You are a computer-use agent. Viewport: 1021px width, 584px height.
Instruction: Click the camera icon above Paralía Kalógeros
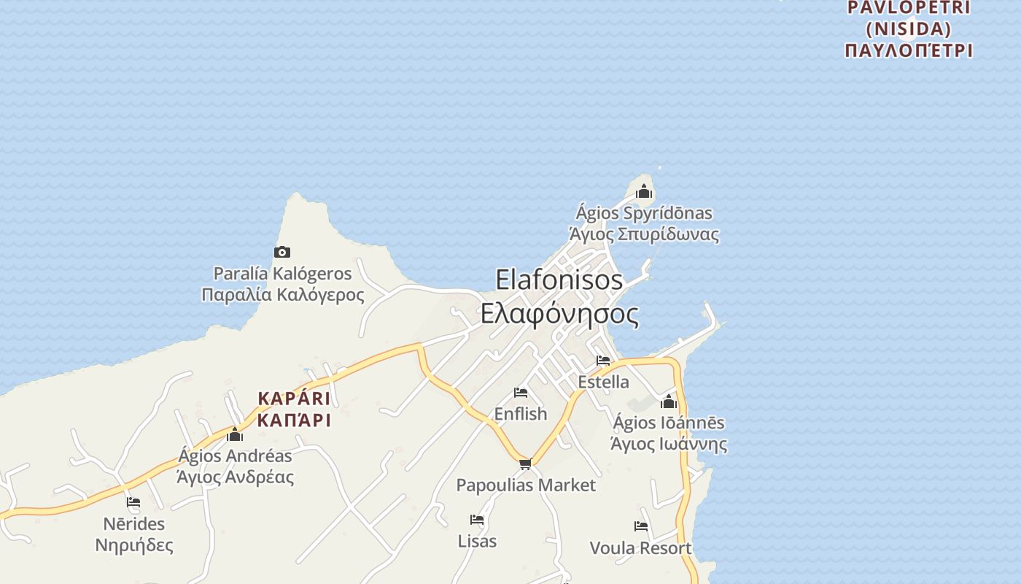(282, 253)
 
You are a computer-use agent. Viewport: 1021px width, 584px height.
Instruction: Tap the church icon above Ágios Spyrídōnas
(644, 192)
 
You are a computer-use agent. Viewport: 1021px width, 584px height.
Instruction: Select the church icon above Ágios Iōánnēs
(669, 401)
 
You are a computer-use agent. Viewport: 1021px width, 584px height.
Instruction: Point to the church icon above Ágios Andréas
(235, 435)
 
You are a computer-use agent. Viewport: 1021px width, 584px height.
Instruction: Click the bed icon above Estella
(603, 361)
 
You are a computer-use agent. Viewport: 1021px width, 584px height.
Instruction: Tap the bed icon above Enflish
(521, 393)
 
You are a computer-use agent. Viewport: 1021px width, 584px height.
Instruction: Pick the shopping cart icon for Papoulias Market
(526, 464)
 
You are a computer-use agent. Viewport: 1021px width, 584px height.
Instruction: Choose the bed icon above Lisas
(477, 520)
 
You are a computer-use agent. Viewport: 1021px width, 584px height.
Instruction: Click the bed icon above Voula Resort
(641, 526)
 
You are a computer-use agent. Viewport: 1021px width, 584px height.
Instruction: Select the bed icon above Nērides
(133, 502)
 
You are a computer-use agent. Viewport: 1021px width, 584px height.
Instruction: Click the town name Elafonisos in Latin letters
(559, 280)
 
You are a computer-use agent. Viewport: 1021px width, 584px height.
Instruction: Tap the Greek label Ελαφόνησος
(559, 314)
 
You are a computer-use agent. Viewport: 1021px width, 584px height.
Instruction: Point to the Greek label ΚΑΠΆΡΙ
(294, 420)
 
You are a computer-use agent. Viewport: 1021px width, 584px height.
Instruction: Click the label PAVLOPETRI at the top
(909, 8)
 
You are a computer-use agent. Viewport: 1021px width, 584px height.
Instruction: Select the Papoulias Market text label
(526, 485)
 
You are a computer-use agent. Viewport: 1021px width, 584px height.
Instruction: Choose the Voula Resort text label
(640, 548)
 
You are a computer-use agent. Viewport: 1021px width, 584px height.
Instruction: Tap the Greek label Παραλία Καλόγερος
(283, 295)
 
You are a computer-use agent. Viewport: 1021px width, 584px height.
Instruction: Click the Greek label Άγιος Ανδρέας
(235, 477)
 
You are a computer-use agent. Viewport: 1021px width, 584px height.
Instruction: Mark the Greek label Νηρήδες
(134, 545)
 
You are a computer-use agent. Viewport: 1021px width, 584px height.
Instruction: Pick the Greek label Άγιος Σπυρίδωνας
(644, 235)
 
